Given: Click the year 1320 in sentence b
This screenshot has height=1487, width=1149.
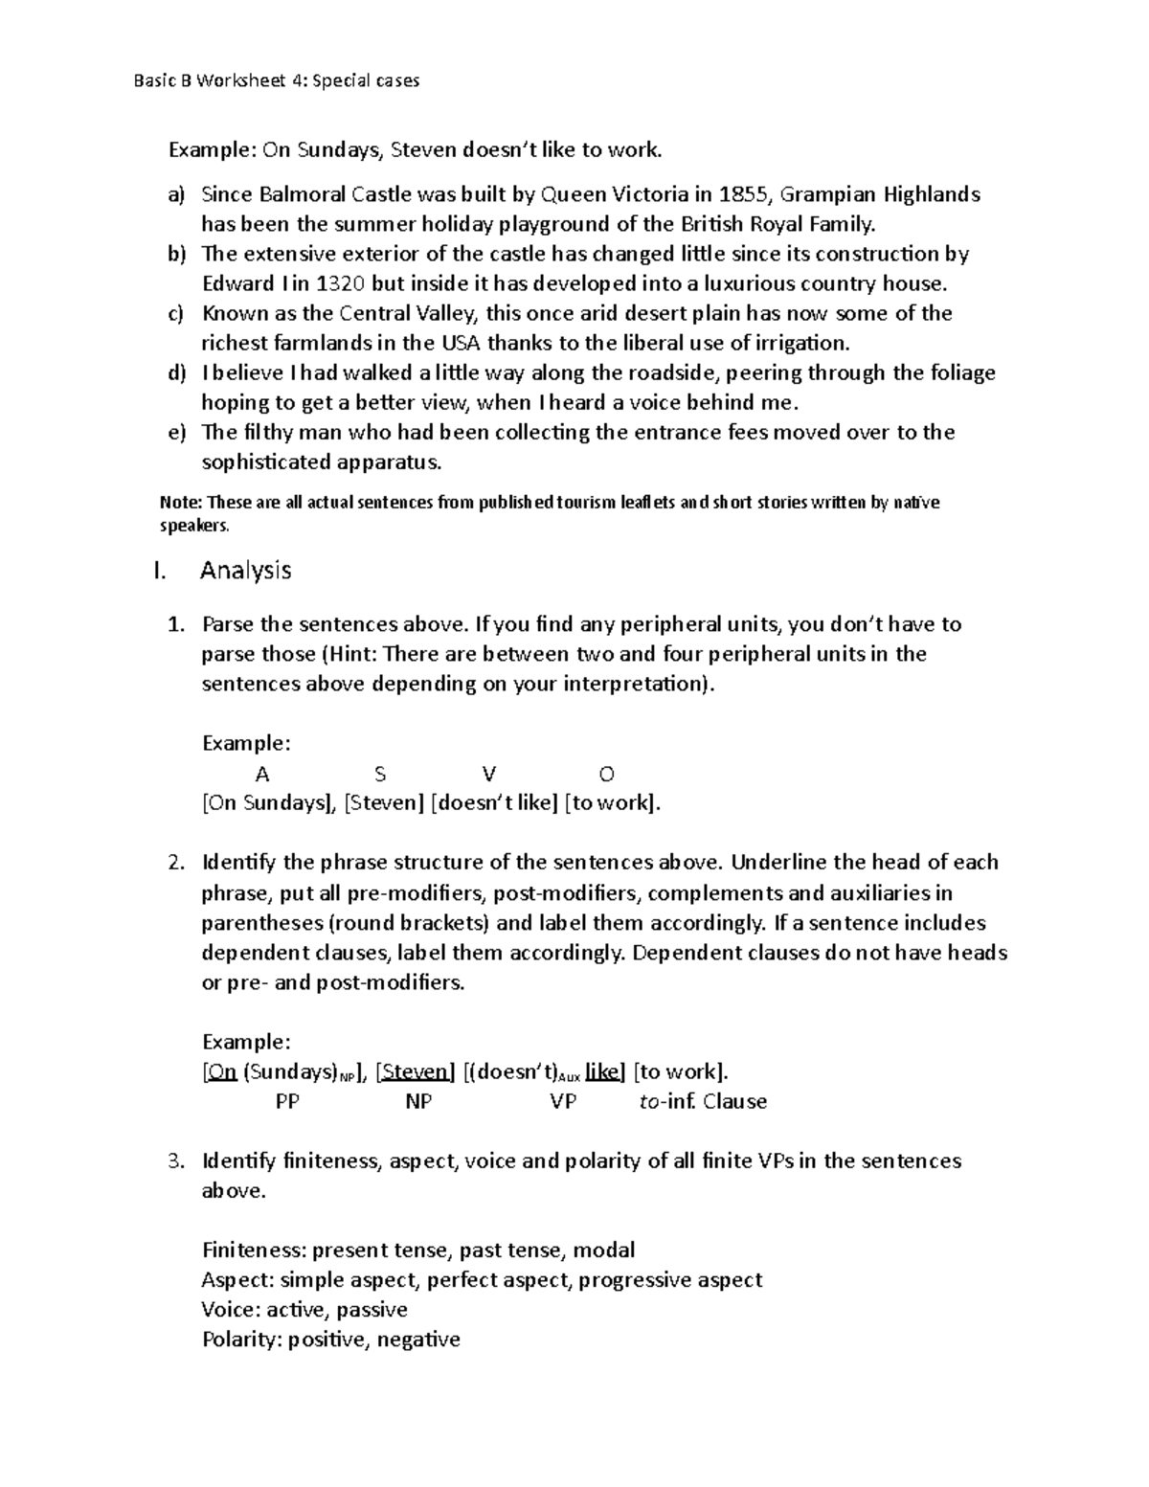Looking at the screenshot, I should [x=340, y=284].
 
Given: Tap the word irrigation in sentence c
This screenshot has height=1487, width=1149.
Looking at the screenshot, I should [x=800, y=344].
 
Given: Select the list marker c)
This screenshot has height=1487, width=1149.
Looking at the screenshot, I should [x=175, y=314].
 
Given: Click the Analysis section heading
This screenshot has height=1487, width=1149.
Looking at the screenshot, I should [x=245, y=571].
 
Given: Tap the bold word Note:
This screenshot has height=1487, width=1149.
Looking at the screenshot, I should [x=181, y=503].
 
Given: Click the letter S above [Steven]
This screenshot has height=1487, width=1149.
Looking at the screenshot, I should [x=380, y=774].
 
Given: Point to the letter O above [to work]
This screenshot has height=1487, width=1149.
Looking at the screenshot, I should [x=606, y=774].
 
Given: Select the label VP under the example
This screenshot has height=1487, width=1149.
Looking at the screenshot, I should [x=563, y=1102].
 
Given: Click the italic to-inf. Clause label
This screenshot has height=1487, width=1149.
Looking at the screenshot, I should [x=703, y=1102].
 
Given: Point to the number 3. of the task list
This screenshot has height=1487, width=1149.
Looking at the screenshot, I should [x=174, y=1161].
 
